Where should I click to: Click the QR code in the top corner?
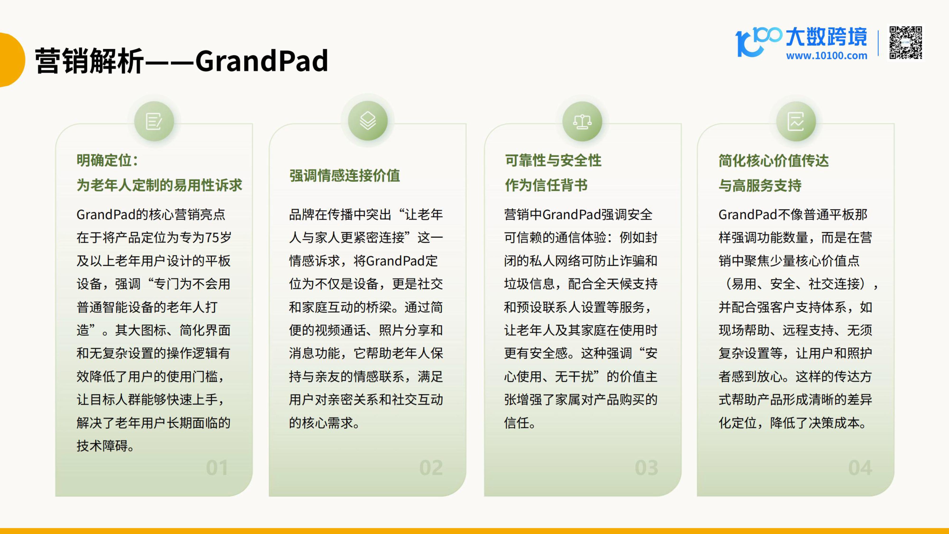tap(906, 43)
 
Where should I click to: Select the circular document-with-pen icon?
tap(154, 121)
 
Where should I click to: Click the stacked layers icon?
tap(368, 121)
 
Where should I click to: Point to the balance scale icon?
tap(582, 121)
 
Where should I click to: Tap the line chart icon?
tap(796, 121)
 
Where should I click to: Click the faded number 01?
tap(217, 468)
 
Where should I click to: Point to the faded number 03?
tap(646, 468)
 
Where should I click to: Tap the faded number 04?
tap(860, 468)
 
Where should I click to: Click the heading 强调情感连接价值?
tap(344, 175)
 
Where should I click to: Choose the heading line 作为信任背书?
tap(546, 185)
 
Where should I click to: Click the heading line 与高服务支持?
tap(760, 185)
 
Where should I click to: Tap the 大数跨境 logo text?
tap(826, 37)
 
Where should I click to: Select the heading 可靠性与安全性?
tap(553, 160)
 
